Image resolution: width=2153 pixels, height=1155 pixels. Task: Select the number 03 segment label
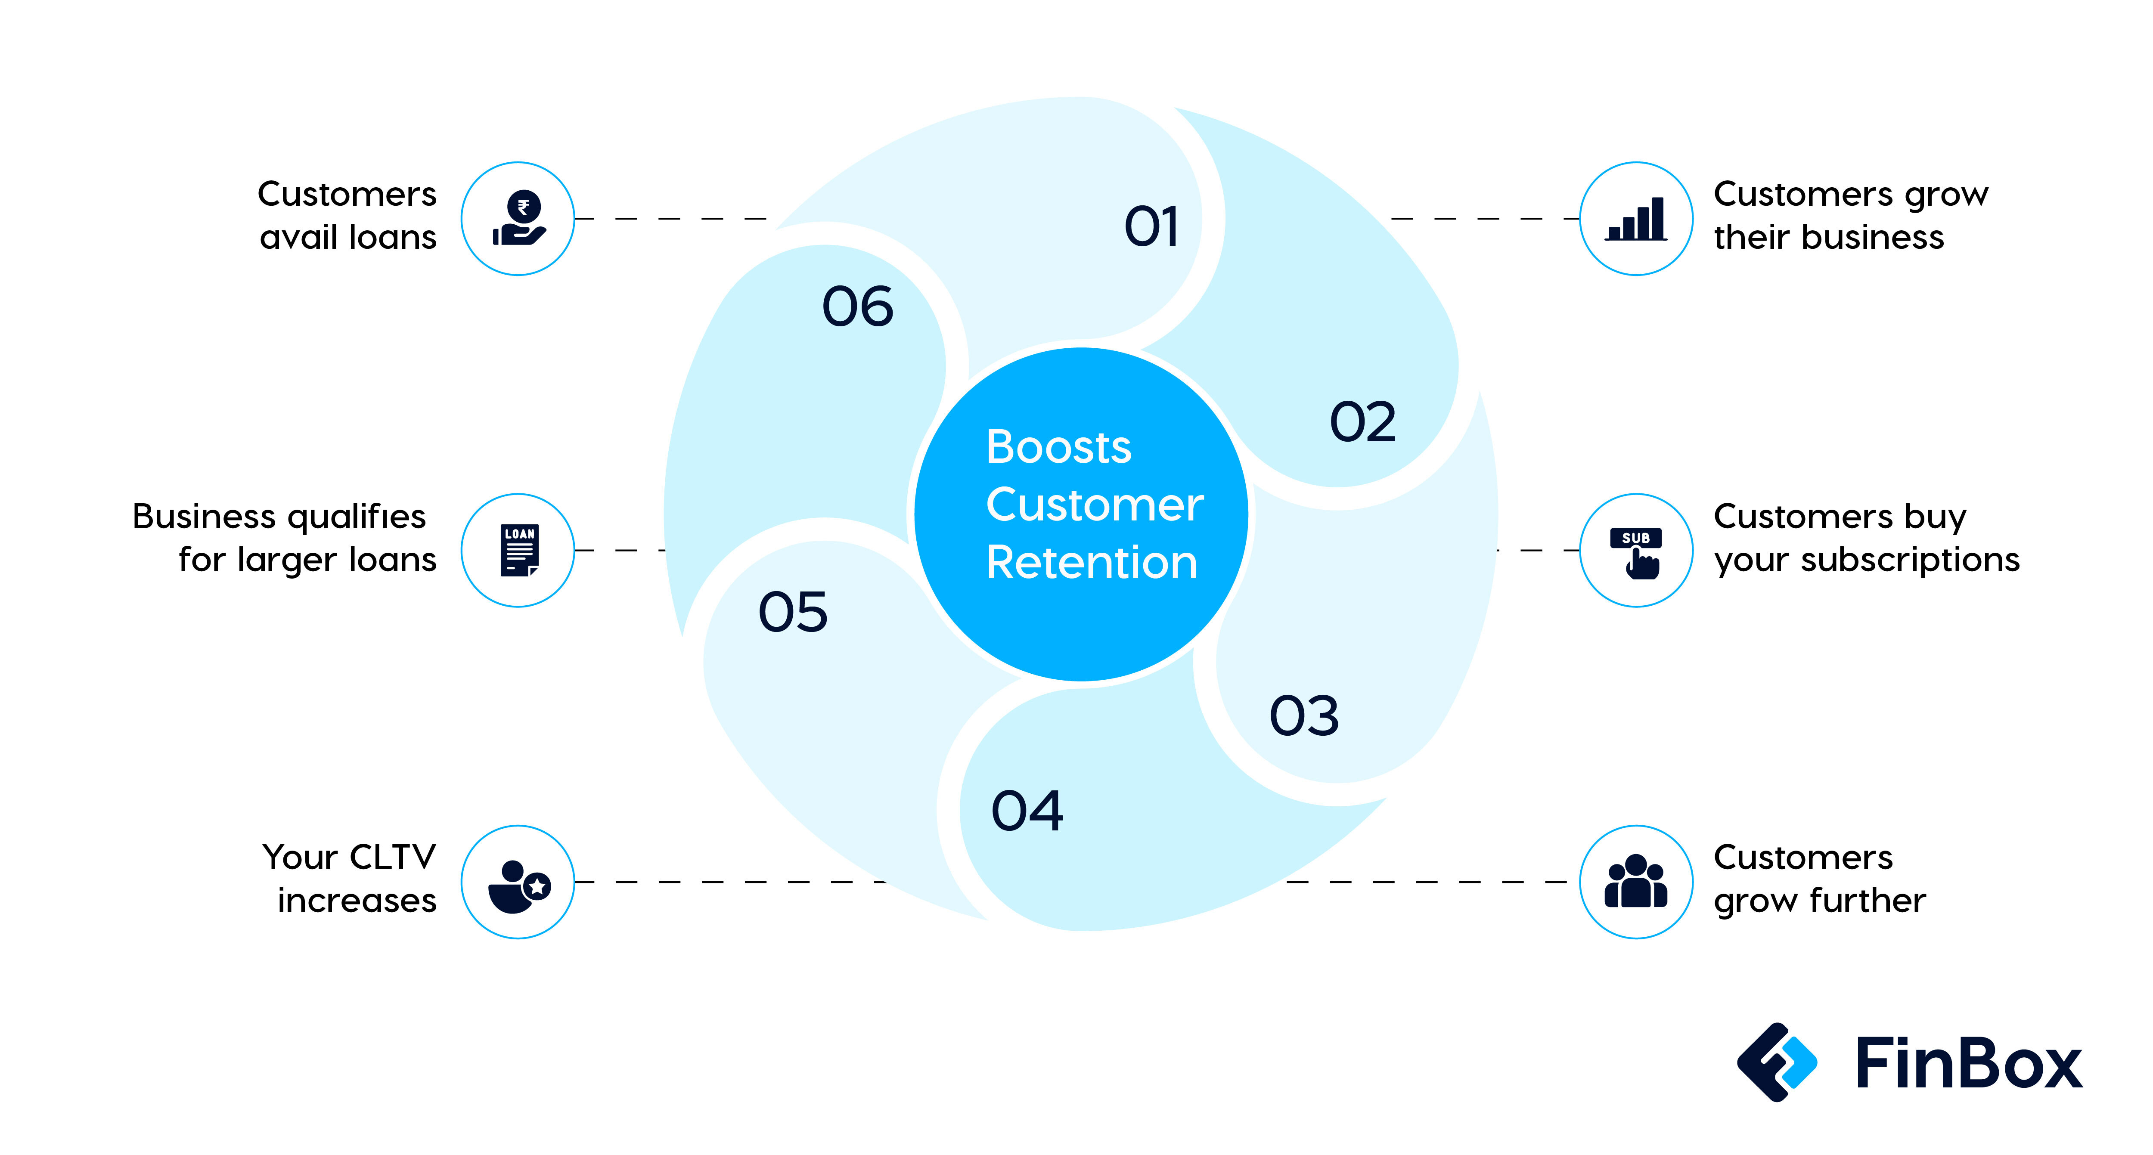point(1304,716)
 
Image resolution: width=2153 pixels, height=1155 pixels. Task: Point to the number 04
point(1027,811)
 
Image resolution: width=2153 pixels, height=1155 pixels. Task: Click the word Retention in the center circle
point(1092,563)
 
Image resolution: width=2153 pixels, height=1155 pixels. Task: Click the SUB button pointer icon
point(1636,551)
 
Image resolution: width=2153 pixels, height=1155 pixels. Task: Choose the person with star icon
point(518,884)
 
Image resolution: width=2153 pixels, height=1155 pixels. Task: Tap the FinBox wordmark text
point(1968,1063)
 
